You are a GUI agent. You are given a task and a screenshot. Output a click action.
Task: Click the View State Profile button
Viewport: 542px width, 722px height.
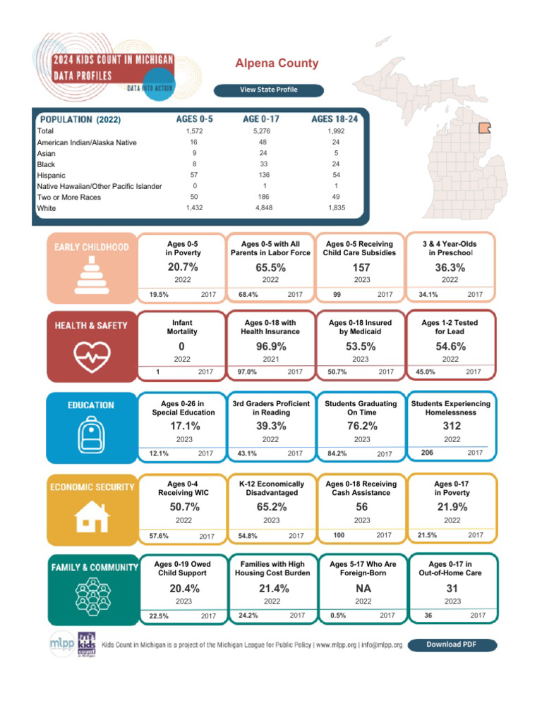tap(269, 90)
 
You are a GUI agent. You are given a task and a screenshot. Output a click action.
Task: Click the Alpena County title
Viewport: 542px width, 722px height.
tap(277, 63)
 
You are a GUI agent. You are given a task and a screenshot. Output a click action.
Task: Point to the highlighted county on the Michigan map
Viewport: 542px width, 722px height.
tap(485, 128)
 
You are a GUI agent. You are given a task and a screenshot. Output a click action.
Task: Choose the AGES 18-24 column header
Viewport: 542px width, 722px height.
tap(335, 119)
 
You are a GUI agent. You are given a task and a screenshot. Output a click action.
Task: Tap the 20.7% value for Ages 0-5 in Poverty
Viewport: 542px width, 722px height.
tap(183, 267)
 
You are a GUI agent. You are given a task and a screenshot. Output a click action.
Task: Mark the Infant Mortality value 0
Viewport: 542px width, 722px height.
tap(181, 346)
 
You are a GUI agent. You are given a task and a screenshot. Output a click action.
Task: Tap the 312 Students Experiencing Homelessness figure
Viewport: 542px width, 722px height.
tap(451, 426)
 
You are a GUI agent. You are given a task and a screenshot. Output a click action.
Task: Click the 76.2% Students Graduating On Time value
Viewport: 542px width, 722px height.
tap(361, 426)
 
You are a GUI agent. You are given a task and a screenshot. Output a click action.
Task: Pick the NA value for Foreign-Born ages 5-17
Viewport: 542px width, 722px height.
tap(361, 588)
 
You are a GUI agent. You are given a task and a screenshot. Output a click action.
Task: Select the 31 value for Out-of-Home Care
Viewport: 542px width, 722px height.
tap(452, 588)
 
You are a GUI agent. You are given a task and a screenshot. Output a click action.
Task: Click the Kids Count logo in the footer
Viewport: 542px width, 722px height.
tap(87, 644)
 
